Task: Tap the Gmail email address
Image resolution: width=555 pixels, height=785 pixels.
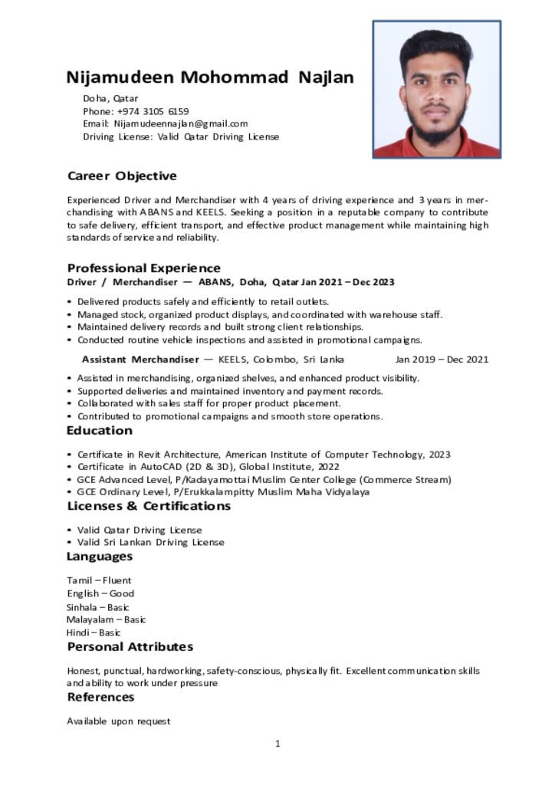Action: (x=181, y=123)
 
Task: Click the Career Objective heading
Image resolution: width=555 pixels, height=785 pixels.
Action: (x=122, y=176)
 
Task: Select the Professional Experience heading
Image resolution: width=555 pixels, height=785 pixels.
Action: (x=143, y=268)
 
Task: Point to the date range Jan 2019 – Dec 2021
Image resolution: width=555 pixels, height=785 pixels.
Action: (x=442, y=360)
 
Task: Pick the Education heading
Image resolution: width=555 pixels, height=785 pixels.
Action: (x=99, y=431)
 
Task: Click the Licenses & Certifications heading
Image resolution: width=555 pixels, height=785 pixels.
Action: (x=149, y=506)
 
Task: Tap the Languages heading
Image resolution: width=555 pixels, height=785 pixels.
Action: (x=100, y=556)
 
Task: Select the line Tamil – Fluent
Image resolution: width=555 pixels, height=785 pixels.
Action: (x=99, y=580)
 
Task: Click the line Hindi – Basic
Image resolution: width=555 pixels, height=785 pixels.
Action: (x=94, y=632)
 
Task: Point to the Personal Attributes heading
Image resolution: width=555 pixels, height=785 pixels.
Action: (x=130, y=647)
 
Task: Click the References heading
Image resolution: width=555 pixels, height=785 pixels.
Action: (x=100, y=697)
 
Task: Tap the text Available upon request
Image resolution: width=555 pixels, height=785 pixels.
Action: (x=119, y=721)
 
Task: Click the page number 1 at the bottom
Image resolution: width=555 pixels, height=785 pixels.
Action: (x=277, y=744)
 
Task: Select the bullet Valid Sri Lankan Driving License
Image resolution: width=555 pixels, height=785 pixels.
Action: (x=151, y=542)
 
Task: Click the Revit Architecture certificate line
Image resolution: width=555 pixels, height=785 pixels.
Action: (x=264, y=455)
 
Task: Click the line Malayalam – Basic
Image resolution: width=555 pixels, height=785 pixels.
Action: (x=106, y=619)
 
